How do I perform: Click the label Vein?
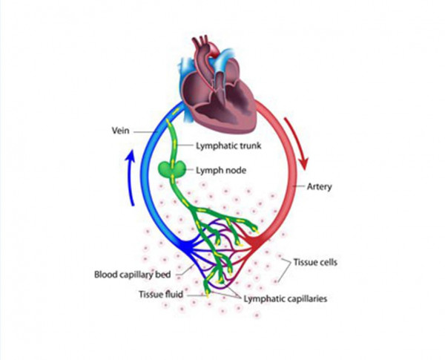click(x=121, y=131)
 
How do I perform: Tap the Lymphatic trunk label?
click(x=228, y=145)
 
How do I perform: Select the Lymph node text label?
click(x=221, y=171)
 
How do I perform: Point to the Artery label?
click(x=319, y=186)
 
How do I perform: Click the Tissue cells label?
click(x=315, y=262)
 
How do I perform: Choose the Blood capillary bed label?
click(x=133, y=275)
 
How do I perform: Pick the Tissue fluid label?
click(x=161, y=295)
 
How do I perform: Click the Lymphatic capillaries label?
click(x=286, y=299)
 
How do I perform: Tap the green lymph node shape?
click(x=171, y=169)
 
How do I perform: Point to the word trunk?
click(x=250, y=145)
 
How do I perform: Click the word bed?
click(x=163, y=275)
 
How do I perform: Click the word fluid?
click(x=173, y=295)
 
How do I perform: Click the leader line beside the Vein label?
click(x=145, y=132)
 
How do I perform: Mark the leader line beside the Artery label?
click(x=298, y=186)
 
